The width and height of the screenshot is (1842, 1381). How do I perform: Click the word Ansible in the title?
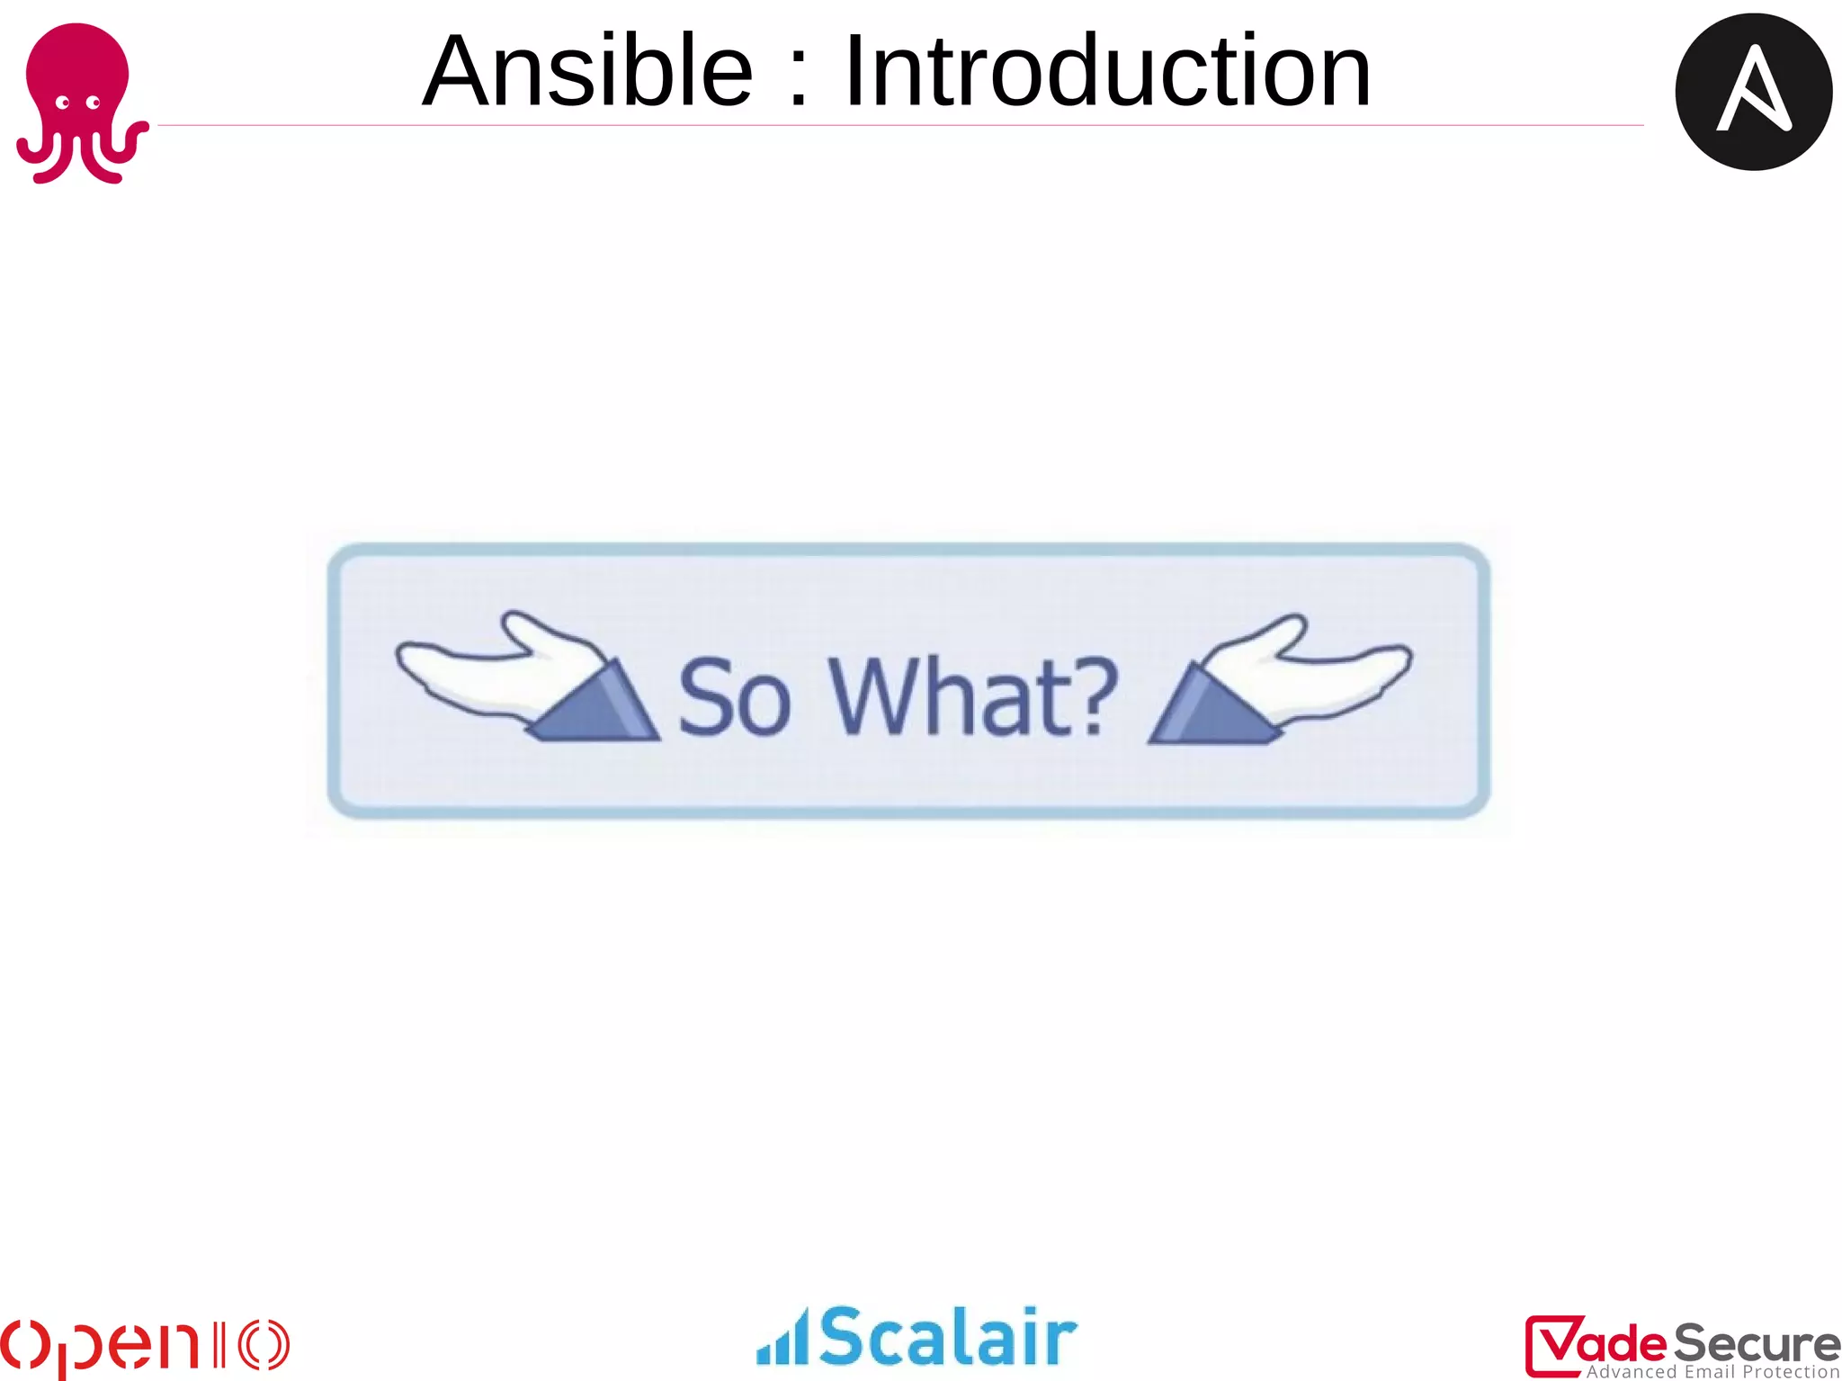pyautogui.click(x=586, y=72)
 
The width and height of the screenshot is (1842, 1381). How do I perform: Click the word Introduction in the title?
pyautogui.click(x=1107, y=72)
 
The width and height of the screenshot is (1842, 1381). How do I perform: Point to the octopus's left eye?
pyautogui.click(x=63, y=103)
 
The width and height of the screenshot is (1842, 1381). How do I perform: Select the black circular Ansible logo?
pyautogui.click(x=1753, y=92)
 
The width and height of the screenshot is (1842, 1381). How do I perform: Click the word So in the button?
pyautogui.click(x=733, y=697)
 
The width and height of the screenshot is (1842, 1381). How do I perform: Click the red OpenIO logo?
pyautogui.click(x=144, y=1346)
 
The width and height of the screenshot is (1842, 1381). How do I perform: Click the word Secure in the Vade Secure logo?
pyautogui.click(x=1755, y=1343)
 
